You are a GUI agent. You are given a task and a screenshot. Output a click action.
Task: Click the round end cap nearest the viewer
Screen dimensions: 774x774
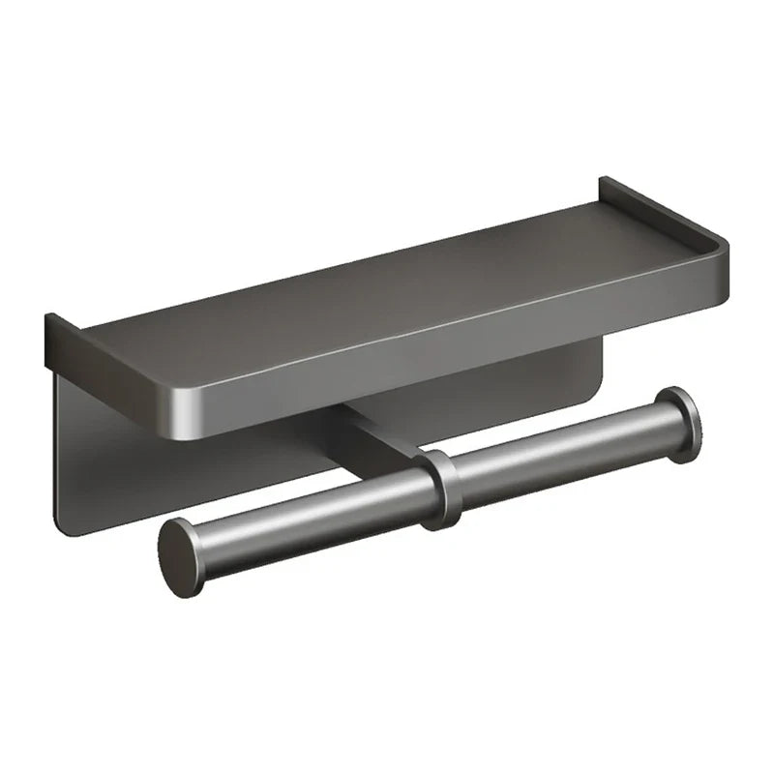[181, 556]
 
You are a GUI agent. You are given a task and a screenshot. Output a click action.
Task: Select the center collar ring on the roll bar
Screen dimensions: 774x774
[443, 489]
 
